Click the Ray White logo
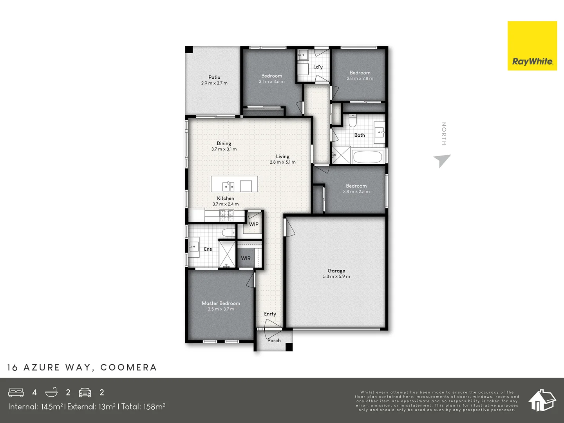(532, 46)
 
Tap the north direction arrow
(442, 160)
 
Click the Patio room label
(214, 77)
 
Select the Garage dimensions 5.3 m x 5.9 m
(336, 277)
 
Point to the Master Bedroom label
(221, 303)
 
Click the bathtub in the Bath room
(367, 157)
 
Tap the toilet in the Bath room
(352, 121)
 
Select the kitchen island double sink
(228, 186)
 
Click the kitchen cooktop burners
(226, 213)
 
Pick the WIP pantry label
(253, 224)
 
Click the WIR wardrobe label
(246, 258)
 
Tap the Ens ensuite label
(208, 249)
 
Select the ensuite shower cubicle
(227, 254)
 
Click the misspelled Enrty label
(270, 314)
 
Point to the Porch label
(274, 340)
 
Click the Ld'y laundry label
(318, 67)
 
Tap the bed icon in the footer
(16, 392)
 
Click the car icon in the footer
(85, 392)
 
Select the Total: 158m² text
(143, 407)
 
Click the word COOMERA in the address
(128, 367)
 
